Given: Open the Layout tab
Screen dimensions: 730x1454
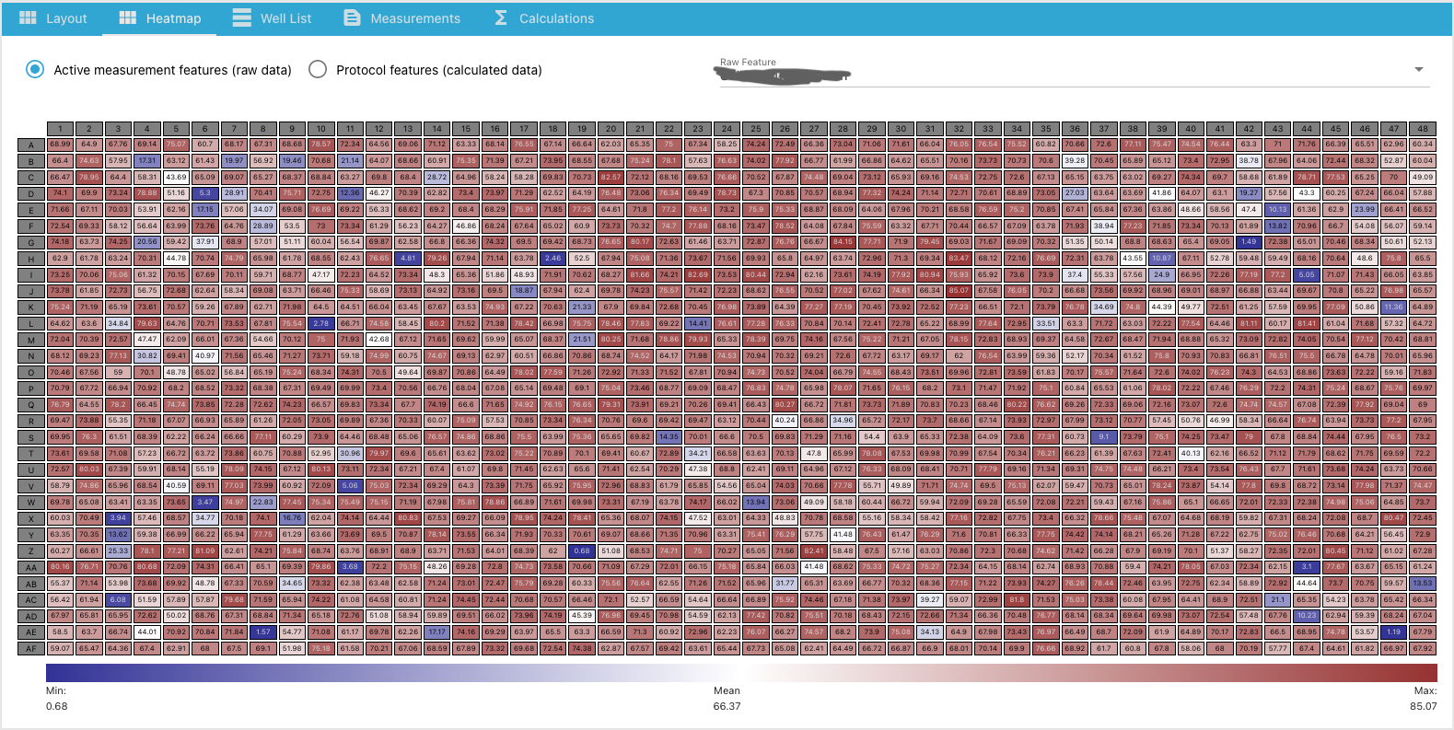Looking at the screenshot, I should tap(53, 18).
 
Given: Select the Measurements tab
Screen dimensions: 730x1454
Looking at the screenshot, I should tap(401, 18).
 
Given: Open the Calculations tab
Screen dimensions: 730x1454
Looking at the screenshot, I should tap(543, 18).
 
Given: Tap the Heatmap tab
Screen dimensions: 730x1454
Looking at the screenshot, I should tap(160, 18).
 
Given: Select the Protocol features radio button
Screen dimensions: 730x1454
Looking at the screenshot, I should tap(318, 70).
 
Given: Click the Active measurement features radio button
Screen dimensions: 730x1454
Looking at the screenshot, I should tap(35, 70).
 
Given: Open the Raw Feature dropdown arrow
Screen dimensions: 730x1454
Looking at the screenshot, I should tap(1418, 70).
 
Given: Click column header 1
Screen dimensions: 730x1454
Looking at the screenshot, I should tap(60, 129).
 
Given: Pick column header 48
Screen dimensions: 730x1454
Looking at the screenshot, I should tap(1423, 129).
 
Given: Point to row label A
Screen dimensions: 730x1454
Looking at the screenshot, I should tap(31, 145).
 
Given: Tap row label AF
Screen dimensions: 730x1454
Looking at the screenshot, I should tap(31, 648).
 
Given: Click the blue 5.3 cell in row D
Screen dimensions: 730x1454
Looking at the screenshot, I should tap(205, 193).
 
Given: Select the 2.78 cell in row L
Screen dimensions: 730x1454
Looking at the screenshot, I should tap(321, 323).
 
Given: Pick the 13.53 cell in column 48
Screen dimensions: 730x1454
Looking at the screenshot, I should tap(1423, 583).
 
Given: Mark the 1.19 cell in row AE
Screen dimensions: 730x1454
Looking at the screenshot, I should tap(1394, 632).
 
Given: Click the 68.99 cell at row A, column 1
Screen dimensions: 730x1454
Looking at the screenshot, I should tap(60, 145).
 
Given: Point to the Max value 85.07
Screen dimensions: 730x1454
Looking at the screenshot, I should tap(1423, 706).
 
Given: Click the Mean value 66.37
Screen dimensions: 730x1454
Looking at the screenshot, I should tap(727, 706).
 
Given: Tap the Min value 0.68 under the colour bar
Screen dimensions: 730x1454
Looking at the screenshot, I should tap(57, 706).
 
